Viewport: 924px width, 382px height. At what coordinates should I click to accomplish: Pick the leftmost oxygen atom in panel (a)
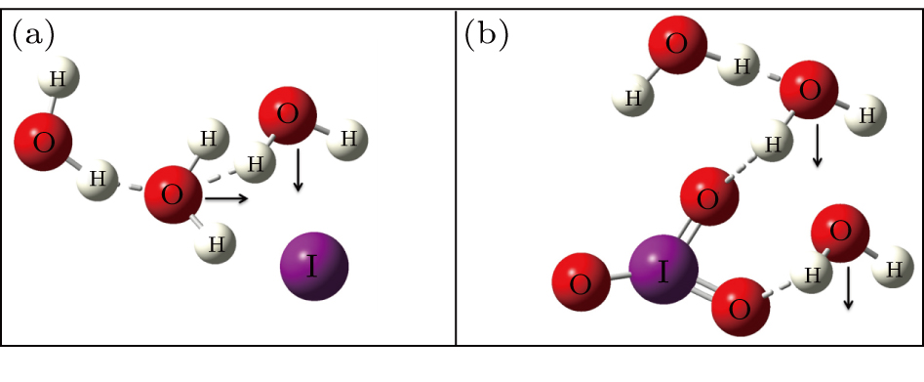pos(43,141)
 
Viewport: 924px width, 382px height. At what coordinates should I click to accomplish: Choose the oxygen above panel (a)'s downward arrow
pos(287,115)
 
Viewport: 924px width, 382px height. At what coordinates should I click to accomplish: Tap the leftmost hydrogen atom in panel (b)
pos(633,97)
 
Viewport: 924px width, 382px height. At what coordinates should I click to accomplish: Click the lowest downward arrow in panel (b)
pos(848,289)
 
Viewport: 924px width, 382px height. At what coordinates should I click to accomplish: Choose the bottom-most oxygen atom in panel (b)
pos(740,310)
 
